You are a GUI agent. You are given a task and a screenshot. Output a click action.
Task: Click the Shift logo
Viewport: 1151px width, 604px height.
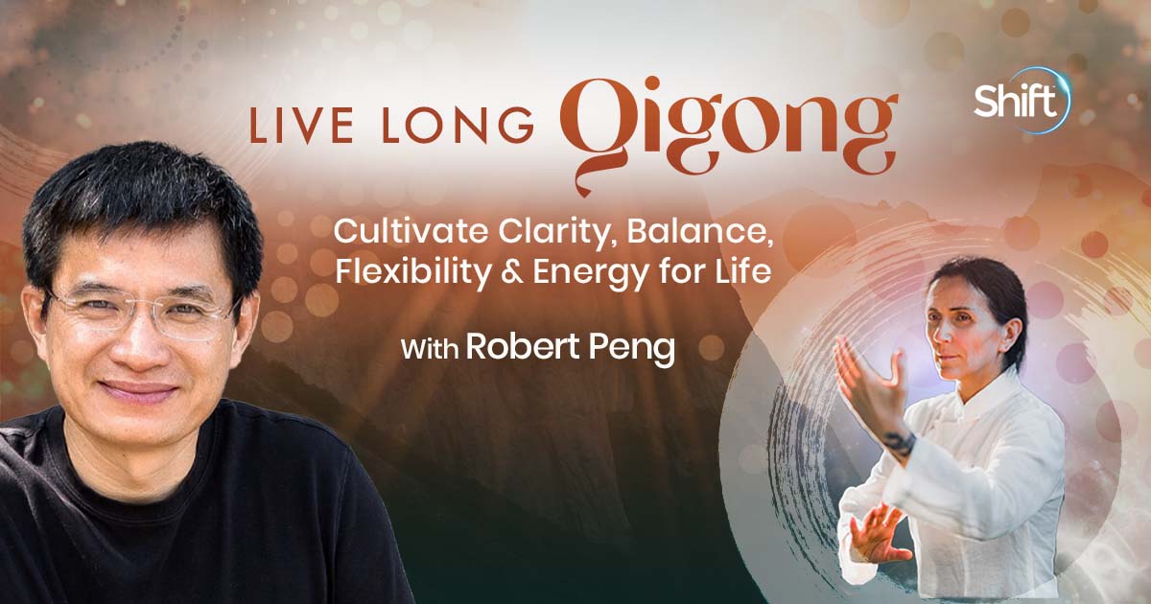(x=1020, y=100)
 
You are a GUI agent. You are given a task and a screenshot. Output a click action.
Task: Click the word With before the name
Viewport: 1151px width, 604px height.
(x=429, y=349)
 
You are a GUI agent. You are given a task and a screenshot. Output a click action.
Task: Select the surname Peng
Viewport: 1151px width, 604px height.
(x=634, y=349)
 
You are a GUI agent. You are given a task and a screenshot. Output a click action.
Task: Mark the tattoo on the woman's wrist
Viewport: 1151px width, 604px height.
(x=899, y=442)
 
